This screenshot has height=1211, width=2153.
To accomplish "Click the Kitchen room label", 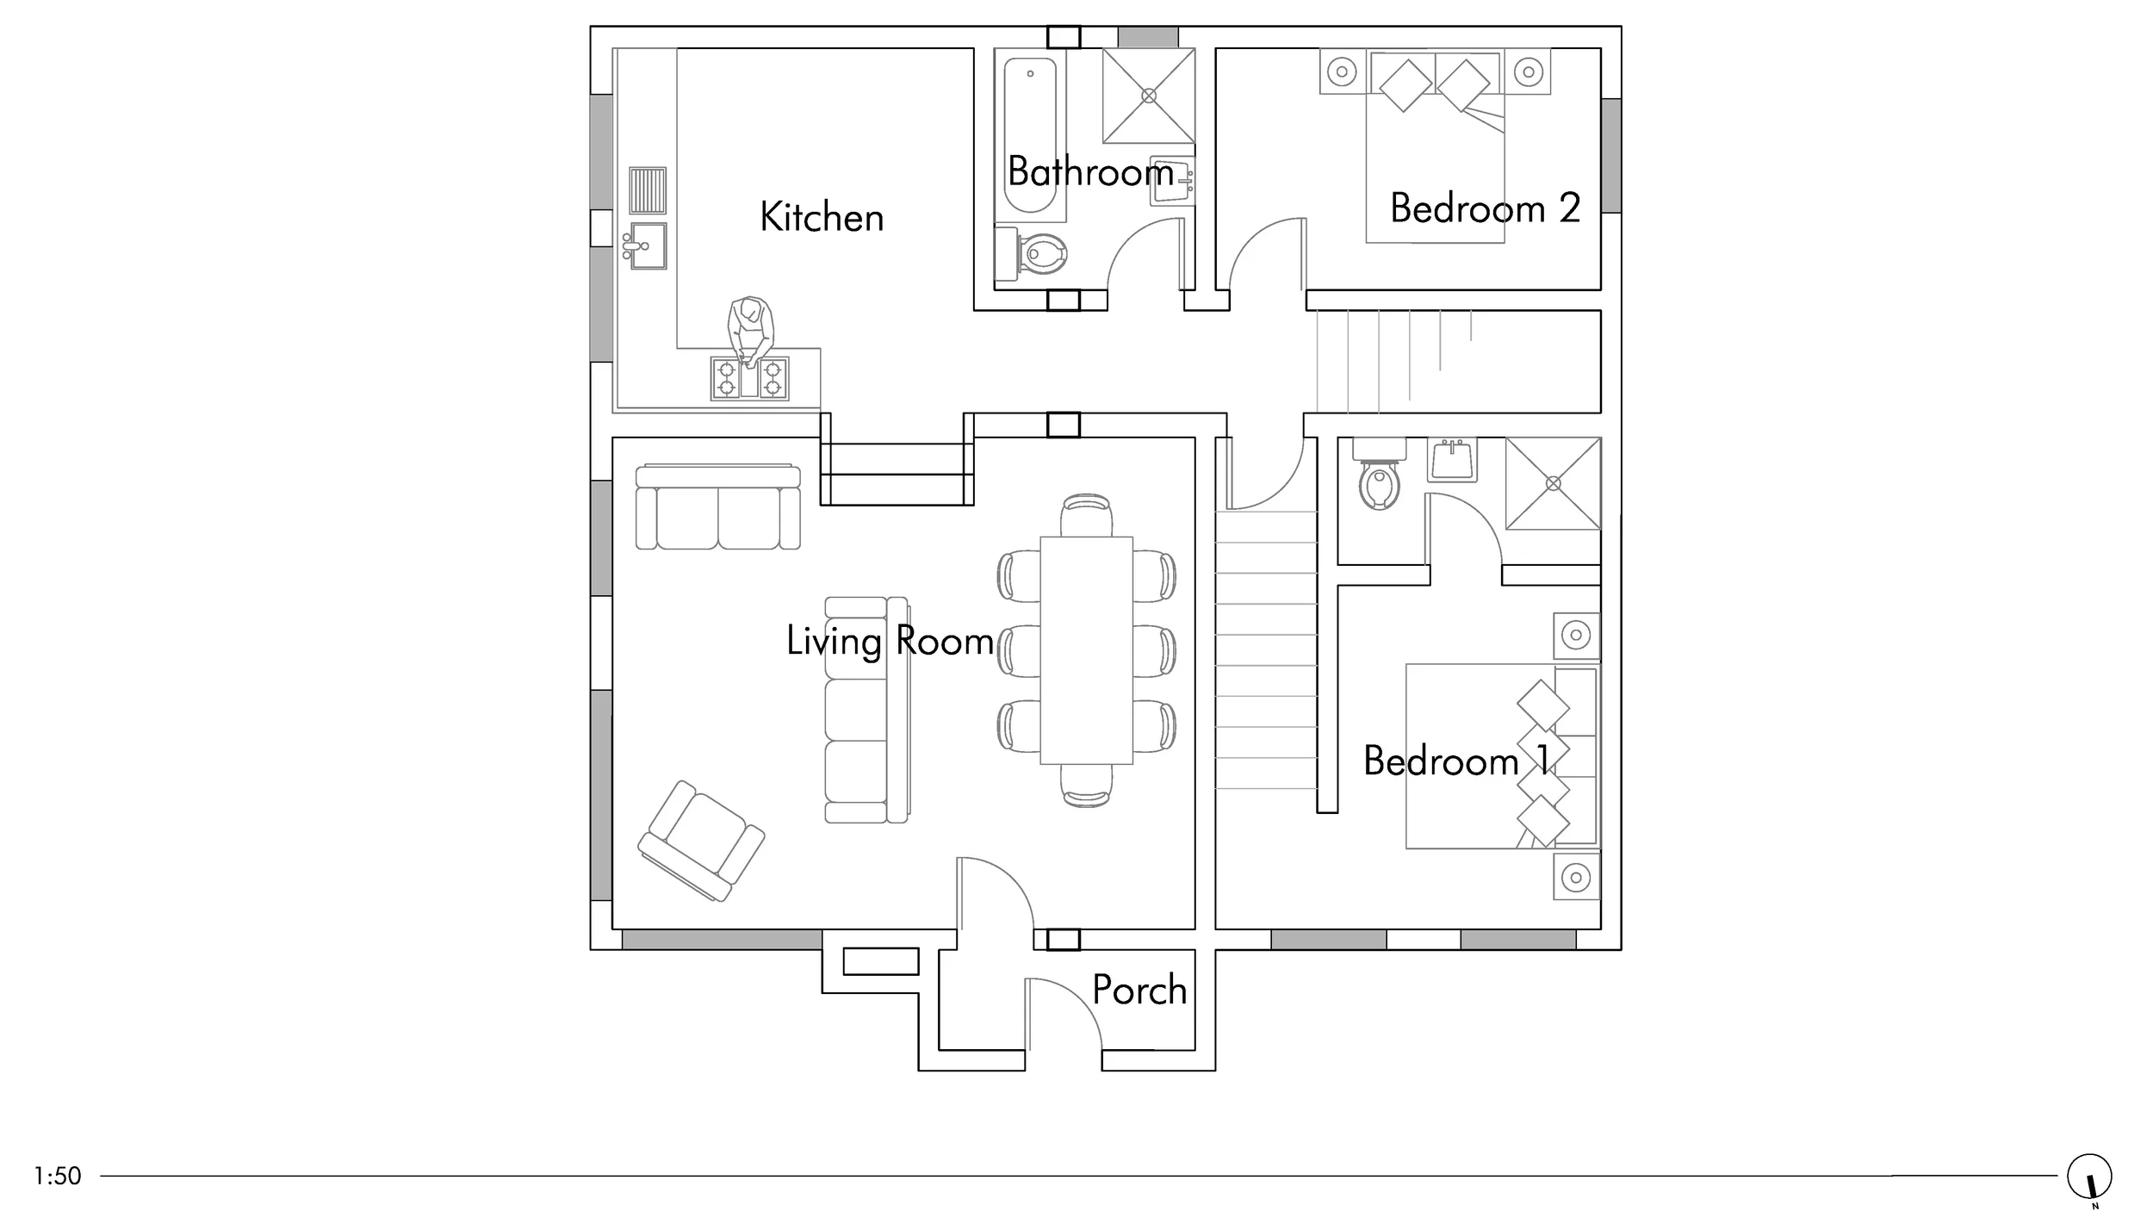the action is coord(822,217).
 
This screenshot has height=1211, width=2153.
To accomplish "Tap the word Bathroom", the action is coord(1091,171).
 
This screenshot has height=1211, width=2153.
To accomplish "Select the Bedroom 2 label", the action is coord(1486,208).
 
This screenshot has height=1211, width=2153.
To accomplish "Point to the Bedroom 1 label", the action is coord(1456,761).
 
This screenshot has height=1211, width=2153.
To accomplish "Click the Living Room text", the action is coord(890,642).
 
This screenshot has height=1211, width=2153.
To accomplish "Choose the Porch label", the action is coord(1139,990).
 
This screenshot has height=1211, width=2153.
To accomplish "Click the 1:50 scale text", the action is coord(58,1176).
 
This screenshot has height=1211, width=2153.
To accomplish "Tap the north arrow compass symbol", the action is coord(2090,1177).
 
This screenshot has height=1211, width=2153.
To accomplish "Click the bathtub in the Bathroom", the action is coord(1030,135).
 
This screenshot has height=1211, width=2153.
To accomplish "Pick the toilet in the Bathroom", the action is coord(1031,254).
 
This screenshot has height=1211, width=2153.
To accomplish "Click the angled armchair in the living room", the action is coord(702,841).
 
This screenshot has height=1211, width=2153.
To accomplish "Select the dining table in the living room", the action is coord(1086,650).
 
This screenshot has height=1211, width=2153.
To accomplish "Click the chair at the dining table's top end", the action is coord(1086,515).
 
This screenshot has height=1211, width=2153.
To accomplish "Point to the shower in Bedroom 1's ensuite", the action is coord(1553,483).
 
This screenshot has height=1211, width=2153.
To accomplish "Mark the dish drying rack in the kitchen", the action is coord(648,190).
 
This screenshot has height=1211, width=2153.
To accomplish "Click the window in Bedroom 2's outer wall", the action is coord(1610,155).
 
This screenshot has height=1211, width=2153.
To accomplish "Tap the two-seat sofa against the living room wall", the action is coord(718,507).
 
